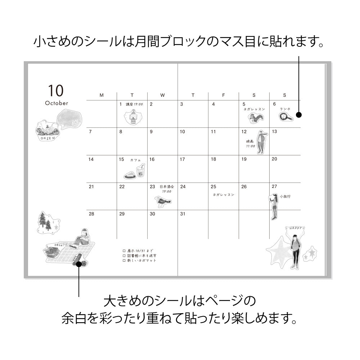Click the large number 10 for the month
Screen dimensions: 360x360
click(55, 90)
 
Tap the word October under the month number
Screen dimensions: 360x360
click(57, 103)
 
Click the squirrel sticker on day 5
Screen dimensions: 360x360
click(255, 117)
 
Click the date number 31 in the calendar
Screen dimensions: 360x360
click(183, 214)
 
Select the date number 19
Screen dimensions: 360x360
click(244, 159)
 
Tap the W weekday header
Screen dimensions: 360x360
click(162, 95)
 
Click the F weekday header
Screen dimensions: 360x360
click(223, 95)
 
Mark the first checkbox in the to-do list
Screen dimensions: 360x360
click(124, 251)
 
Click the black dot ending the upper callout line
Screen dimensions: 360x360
click(299, 115)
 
